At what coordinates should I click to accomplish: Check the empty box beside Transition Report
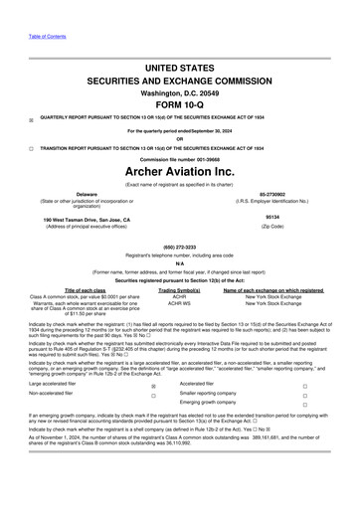pyautogui.click(x=32, y=147)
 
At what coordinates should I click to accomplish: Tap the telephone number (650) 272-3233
pyautogui.click(x=180, y=247)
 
